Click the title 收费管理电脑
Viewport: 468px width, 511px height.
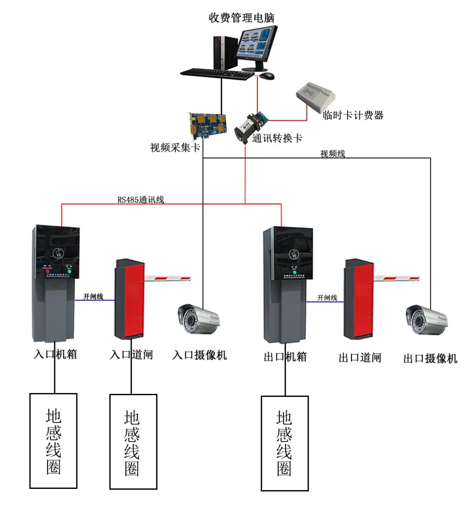coord(241,18)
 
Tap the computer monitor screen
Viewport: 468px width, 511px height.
coord(256,44)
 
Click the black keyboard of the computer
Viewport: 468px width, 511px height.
coord(217,74)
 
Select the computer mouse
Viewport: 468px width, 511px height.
coord(267,76)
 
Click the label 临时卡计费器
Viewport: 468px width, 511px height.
coord(353,115)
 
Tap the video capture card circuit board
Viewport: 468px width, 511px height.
coord(208,124)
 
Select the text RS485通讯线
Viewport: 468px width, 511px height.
coord(141,200)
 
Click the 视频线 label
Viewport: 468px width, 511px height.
coord(332,154)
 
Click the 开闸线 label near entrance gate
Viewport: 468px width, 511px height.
coord(93,296)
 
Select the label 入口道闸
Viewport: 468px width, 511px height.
coord(131,354)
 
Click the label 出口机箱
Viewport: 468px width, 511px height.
coord(285,357)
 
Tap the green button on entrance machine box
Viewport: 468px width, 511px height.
coord(68,272)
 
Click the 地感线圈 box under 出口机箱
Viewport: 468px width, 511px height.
coord(285,443)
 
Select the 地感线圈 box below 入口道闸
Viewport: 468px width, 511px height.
coord(133,442)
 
